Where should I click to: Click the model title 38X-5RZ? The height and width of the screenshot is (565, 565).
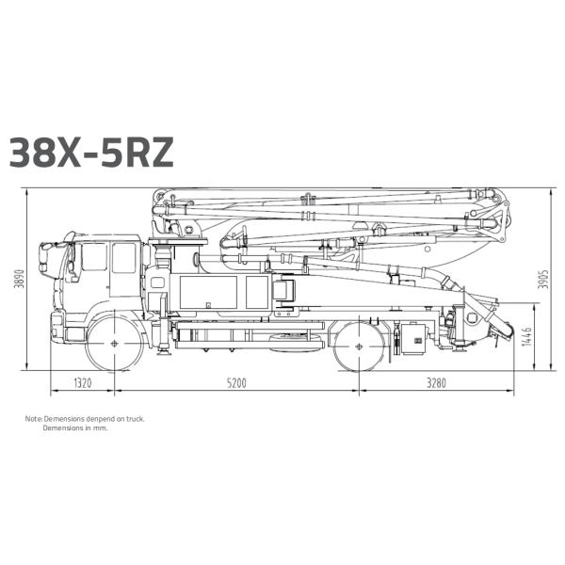[x=91, y=152]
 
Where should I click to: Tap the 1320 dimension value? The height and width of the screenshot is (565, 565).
[x=83, y=382]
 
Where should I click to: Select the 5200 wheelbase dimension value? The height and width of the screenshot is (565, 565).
[x=236, y=382]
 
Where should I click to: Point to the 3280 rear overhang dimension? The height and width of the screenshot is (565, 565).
[x=436, y=382]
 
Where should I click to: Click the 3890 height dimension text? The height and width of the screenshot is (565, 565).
[x=19, y=279]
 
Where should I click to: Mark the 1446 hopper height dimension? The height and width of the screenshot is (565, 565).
[x=526, y=336]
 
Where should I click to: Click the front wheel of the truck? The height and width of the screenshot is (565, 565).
[x=115, y=343]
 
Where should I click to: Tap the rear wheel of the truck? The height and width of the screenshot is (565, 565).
[x=359, y=347]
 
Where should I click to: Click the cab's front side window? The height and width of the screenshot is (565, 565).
[x=94, y=256]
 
